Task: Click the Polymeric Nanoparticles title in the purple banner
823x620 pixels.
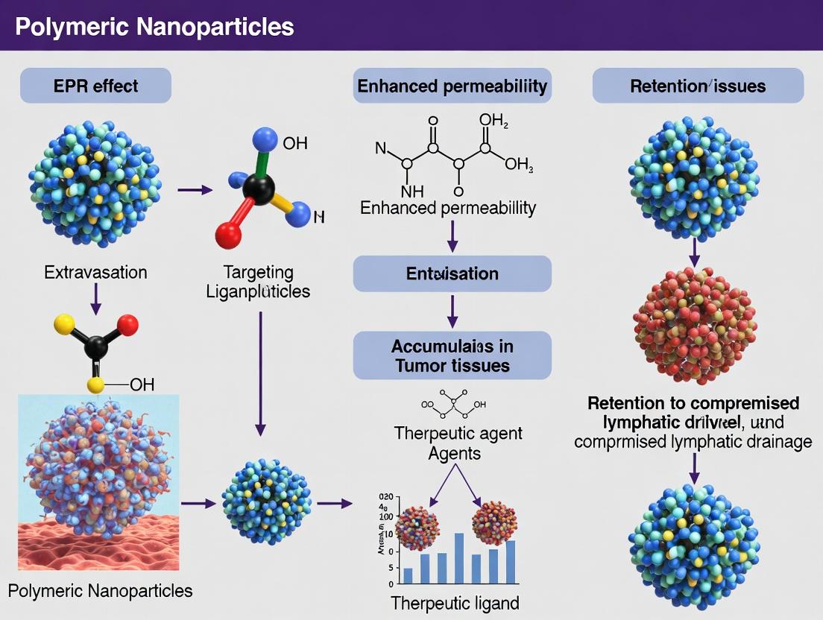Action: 154,28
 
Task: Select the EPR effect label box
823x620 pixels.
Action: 96,86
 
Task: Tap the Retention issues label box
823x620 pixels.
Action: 698,86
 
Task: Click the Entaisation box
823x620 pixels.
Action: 452,273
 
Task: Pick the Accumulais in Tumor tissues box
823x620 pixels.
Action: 452,355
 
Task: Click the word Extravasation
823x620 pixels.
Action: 95,272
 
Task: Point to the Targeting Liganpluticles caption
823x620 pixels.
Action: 258,282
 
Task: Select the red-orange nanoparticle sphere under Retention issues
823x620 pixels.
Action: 694,326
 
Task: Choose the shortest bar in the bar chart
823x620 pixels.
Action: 408,575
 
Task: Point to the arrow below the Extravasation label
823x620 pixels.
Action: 95,300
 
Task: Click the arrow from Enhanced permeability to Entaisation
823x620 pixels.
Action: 452,236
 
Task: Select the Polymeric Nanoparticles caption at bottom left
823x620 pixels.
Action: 101,591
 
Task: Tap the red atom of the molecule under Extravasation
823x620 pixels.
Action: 127,325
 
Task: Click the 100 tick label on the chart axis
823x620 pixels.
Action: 385,516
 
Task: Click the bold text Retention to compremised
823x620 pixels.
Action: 693,403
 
